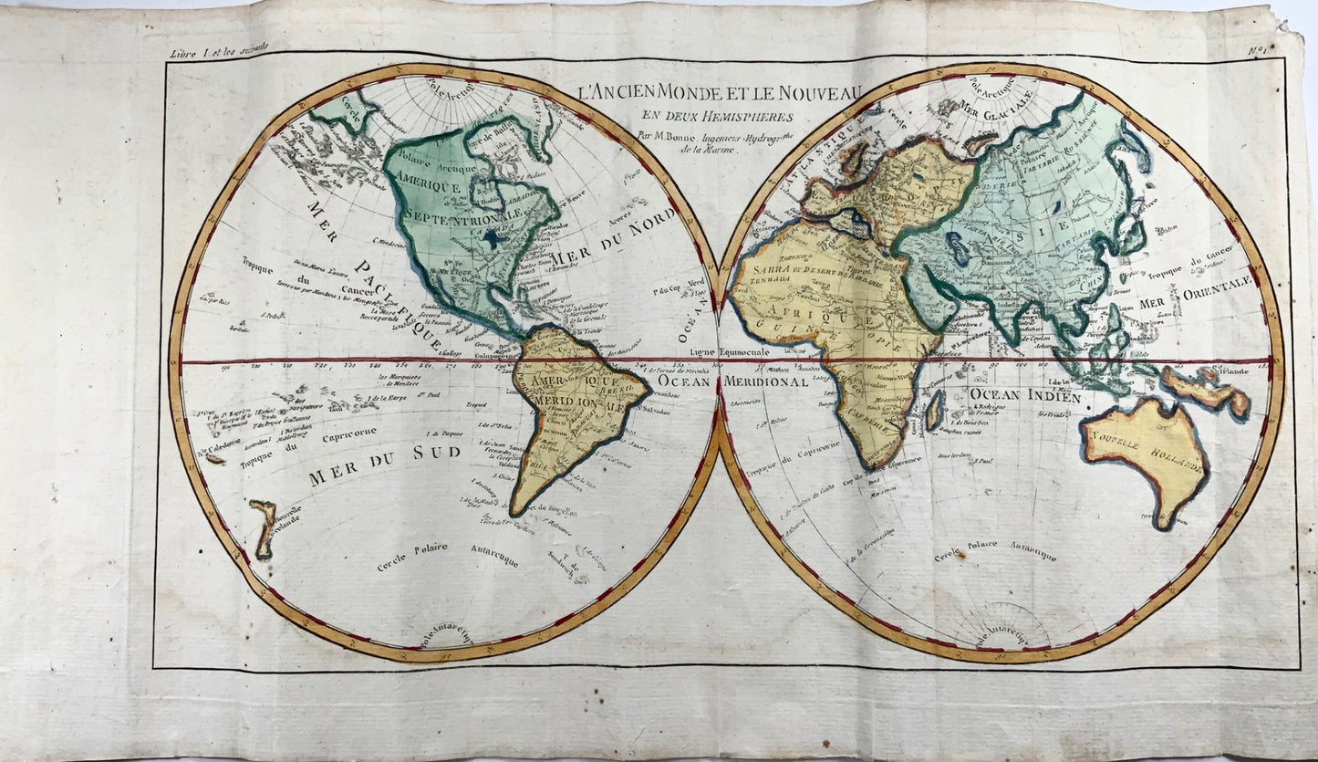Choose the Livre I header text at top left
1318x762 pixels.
point(206,54)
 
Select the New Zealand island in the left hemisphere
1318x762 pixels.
point(264,528)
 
